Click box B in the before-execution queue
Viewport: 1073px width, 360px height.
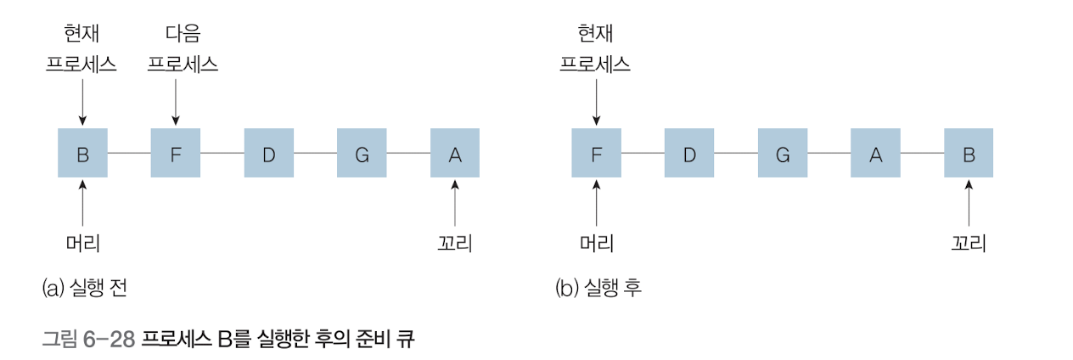[x=82, y=153]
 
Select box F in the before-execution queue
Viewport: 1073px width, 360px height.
[x=175, y=153]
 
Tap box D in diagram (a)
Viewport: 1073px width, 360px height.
[x=268, y=153]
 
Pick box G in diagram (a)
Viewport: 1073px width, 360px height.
[x=362, y=153]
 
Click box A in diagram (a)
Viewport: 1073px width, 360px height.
[x=455, y=153]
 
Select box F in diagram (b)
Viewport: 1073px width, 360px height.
[x=596, y=153]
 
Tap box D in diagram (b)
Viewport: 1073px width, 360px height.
[x=689, y=153]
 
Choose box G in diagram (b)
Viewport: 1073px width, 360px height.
[x=783, y=153]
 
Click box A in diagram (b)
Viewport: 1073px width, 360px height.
[x=876, y=153]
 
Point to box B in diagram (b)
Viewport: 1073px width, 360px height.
[x=969, y=153]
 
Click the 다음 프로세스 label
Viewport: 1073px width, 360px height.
[x=183, y=49]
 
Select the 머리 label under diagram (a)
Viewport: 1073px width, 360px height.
[x=82, y=243]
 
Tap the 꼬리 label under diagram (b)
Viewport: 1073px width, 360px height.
[x=969, y=243]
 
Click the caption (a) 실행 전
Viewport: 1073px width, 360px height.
[x=84, y=288]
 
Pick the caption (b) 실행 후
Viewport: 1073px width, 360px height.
[x=598, y=288]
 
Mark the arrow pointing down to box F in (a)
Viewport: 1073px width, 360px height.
[x=175, y=102]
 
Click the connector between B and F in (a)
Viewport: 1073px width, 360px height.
[x=129, y=153]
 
